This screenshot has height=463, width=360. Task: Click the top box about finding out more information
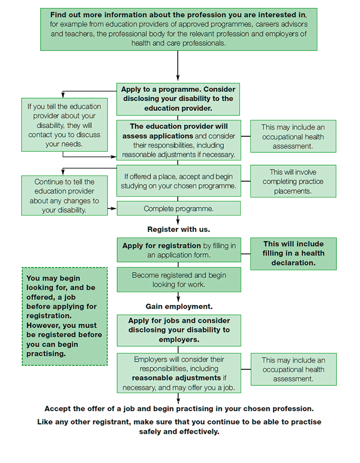(x=178, y=29)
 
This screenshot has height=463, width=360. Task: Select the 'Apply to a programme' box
(x=178, y=98)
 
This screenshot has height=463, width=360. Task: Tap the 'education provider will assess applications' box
(x=178, y=140)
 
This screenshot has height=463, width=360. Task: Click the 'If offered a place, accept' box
(x=178, y=181)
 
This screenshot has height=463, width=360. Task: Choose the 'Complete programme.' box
(x=178, y=208)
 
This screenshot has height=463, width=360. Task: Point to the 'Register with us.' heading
(x=178, y=229)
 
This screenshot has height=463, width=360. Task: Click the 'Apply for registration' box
(x=178, y=250)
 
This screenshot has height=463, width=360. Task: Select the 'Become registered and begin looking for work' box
(x=178, y=279)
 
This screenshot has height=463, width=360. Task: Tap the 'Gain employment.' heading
(x=178, y=307)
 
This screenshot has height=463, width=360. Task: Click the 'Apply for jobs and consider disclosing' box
(x=178, y=330)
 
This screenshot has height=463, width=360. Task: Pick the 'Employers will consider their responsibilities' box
(x=178, y=373)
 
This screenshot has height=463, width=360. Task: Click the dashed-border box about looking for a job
(x=64, y=316)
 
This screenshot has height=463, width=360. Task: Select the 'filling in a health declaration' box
(x=293, y=254)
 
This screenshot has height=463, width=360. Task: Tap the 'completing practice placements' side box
(x=293, y=181)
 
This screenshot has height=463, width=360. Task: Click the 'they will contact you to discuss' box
(x=64, y=125)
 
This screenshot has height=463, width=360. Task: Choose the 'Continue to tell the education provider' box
(x=64, y=195)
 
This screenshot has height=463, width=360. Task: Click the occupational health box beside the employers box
(x=293, y=369)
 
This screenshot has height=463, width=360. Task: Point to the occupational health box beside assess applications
(x=293, y=136)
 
